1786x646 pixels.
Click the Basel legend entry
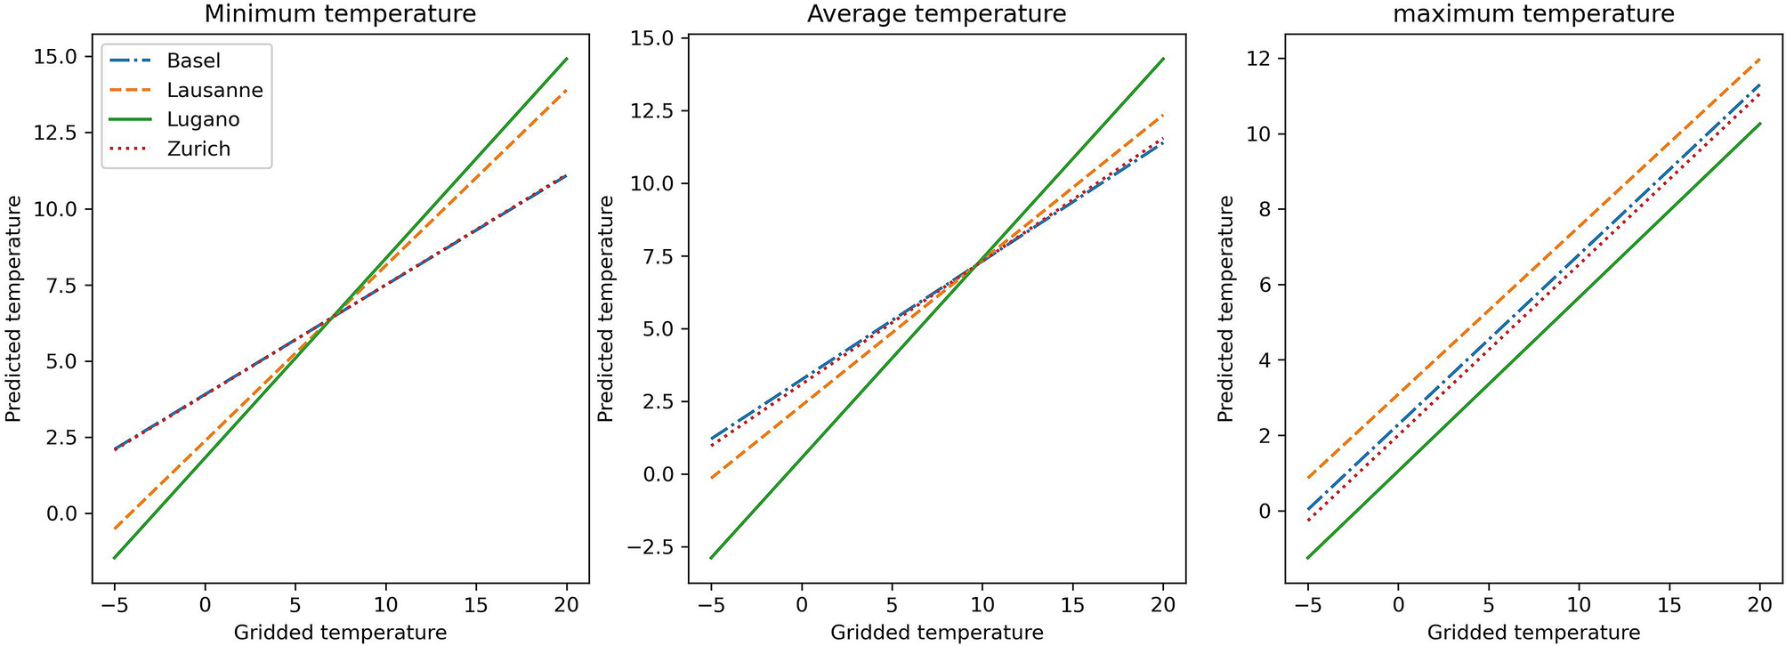[x=193, y=61]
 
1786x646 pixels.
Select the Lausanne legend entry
[x=214, y=90]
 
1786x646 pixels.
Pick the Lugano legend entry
[x=203, y=119]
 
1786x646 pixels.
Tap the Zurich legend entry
[x=198, y=149]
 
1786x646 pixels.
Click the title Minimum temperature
[x=340, y=14]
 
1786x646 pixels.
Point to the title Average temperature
[x=936, y=14]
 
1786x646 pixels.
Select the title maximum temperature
[x=1533, y=14]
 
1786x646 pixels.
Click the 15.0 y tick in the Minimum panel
[x=56, y=57]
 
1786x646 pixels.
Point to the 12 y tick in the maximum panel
[x=1265, y=59]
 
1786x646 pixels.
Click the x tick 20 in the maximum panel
[x=1759, y=605]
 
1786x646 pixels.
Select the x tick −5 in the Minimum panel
[x=115, y=605]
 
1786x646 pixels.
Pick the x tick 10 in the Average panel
[x=982, y=605]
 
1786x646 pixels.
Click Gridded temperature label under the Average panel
[x=936, y=633]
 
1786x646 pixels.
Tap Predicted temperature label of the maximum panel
[x=1226, y=309]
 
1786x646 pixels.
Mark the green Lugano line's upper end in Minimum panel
[x=567, y=59]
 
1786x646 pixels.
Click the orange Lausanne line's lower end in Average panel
[x=711, y=479]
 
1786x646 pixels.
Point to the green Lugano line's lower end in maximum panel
[x=1307, y=559]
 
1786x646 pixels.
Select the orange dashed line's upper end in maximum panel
[x=1759, y=60]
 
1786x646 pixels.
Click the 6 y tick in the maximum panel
[x=1271, y=285]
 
